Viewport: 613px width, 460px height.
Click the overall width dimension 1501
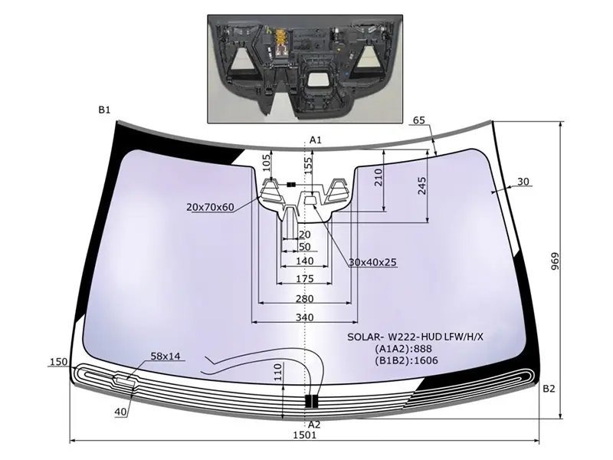coord(304,435)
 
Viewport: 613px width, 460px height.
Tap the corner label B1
coord(105,110)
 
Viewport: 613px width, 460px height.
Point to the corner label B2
coord(549,389)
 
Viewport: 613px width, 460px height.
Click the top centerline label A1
coord(315,140)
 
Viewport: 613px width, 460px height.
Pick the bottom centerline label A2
coord(314,424)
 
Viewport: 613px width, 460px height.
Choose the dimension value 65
coord(418,120)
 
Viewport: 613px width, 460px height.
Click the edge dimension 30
coord(523,182)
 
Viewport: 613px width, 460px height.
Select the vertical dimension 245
coord(422,186)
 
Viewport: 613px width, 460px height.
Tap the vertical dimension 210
coord(378,179)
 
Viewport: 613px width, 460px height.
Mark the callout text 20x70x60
coord(209,207)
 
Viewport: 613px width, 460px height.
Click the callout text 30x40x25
coord(372,262)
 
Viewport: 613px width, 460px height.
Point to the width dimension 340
coord(304,317)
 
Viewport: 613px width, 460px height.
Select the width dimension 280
coord(304,298)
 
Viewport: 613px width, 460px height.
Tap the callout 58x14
coord(166,356)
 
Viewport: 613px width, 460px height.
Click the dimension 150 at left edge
coord(58,362)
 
